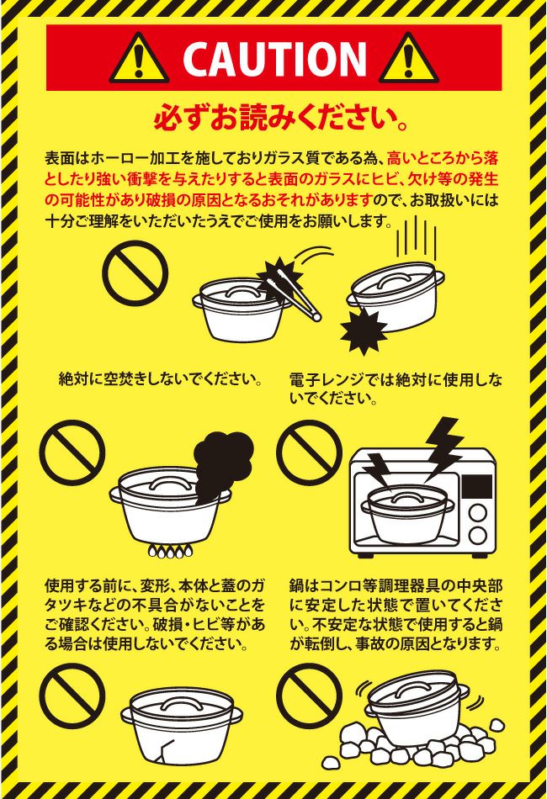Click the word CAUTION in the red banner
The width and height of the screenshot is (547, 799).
274,58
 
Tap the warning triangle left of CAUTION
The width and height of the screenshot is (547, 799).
139,59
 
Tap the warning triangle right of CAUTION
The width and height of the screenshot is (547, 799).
408,59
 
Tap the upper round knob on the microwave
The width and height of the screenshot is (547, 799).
478,513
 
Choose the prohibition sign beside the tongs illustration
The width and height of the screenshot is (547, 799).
135,273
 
